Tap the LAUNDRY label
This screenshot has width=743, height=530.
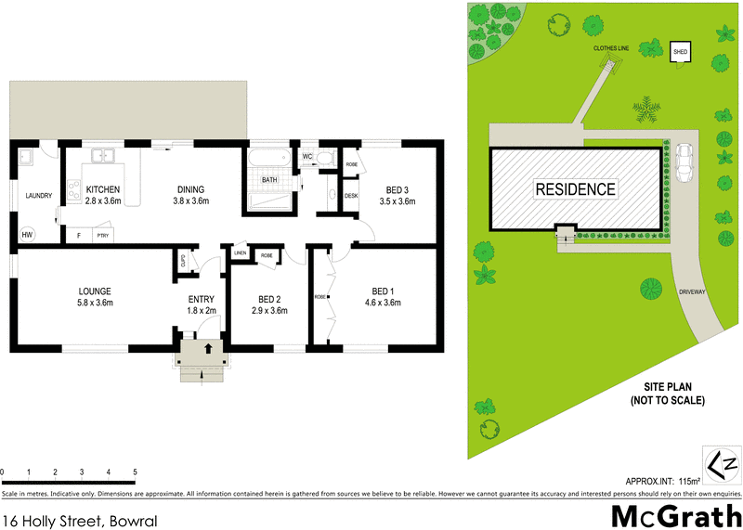coord(39,196)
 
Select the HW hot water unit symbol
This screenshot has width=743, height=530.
coord(28,235)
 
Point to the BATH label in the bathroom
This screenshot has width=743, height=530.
coord(269,179)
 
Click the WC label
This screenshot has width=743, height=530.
coord(307,157)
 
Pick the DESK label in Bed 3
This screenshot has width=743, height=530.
coord(351,196)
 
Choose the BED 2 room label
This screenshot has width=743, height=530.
coord(268,300)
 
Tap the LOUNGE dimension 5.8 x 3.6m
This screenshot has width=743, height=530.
coord(95,303)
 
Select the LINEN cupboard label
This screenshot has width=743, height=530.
coord(240,252)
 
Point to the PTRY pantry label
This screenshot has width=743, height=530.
coord(101,236)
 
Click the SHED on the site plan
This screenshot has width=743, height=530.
coord(681,52)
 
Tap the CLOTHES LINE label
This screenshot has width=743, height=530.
coord(611,47)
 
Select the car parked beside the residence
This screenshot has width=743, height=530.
coord(684,163)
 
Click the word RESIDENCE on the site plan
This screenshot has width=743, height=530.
coord(576,189)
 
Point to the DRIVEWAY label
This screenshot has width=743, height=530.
coord(694,291)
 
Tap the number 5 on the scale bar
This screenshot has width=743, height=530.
coord(136,472)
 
